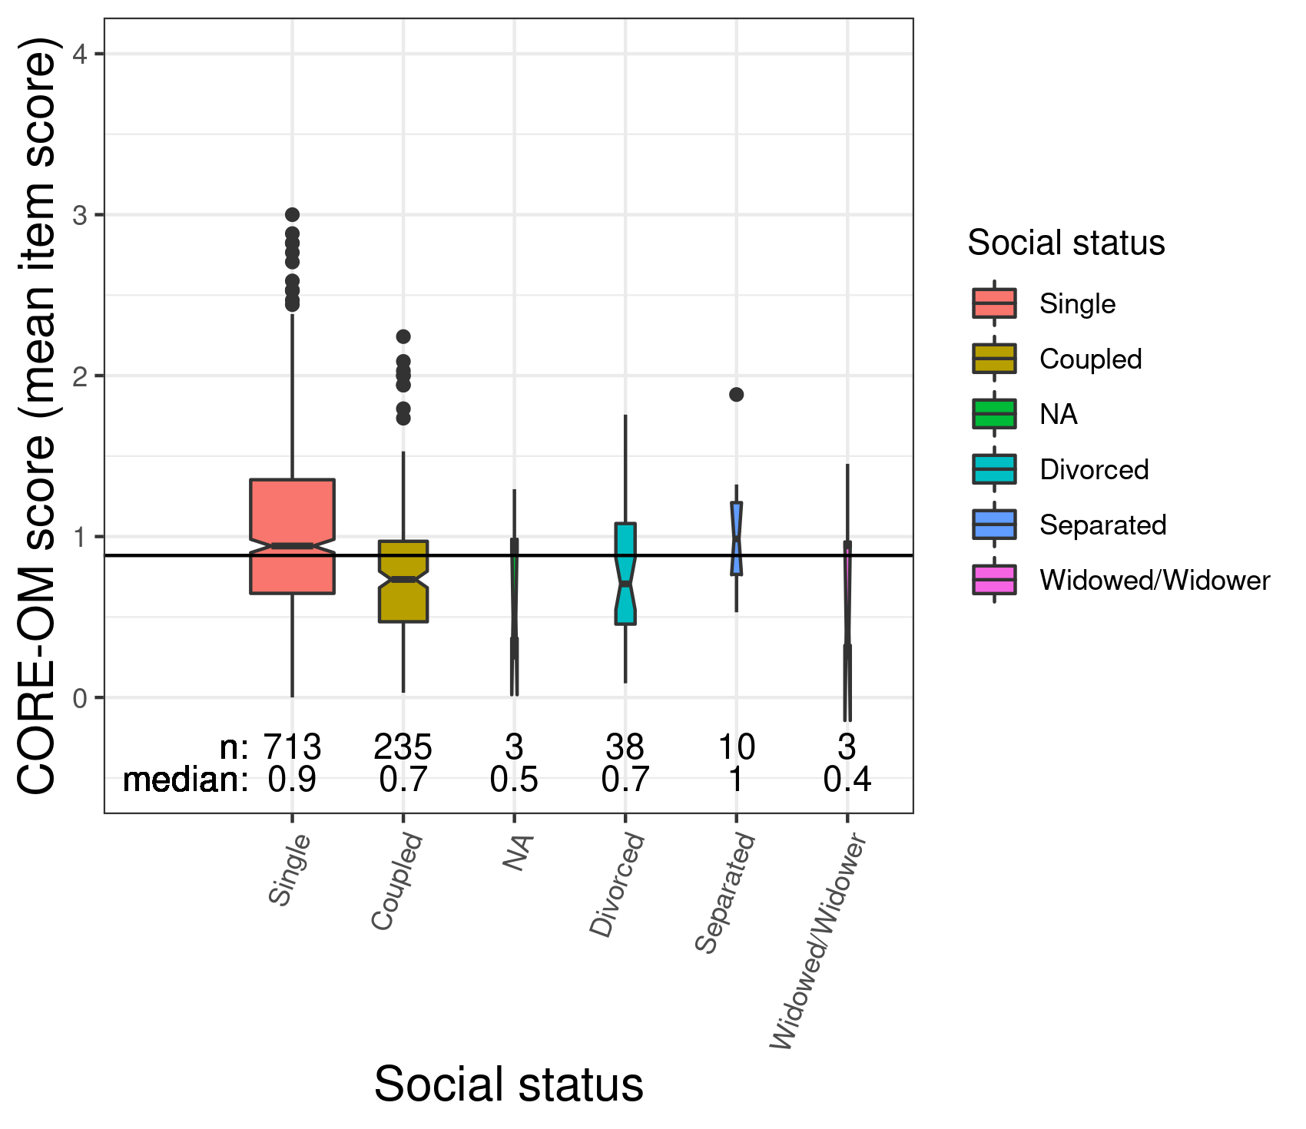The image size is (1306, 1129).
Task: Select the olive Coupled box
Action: coord(403,599)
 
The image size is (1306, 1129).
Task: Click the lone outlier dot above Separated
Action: coord(736,395)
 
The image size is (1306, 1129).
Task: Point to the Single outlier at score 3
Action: coord(292,214)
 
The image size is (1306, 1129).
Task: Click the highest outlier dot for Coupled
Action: coord(403,336)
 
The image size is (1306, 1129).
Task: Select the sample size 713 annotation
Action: coord(292,747)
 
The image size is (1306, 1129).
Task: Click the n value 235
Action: coord(403,747)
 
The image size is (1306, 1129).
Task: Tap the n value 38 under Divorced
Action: coord(625,747)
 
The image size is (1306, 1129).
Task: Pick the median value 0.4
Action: coord(847,780)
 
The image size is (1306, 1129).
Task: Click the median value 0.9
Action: coord(292,780)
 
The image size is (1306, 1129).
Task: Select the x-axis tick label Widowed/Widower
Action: coord(819,941)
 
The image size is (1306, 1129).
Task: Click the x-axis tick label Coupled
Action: coord(397,882)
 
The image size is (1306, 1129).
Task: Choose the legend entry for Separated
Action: coord(1102,525)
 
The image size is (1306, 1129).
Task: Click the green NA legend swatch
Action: coord(994,414)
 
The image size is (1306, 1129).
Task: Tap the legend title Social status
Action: coord(1066,243)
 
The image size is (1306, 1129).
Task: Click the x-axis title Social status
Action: coord(509,1084)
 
